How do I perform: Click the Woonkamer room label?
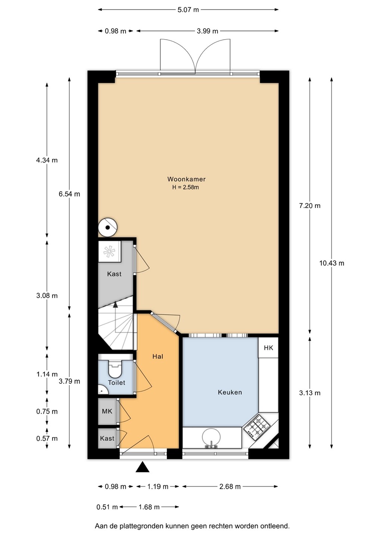pos(186,179)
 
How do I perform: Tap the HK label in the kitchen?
pos(268,348)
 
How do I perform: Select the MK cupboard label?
pos(107,411)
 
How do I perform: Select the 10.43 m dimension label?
pos(331,263)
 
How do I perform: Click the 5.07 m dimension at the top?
pos(188,10)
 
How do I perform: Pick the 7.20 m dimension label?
pos(309,206)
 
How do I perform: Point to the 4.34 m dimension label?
pos(47,160)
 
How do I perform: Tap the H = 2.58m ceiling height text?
pos(186,187)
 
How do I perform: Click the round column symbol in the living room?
pos(108,227)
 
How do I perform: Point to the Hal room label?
pos(158,357)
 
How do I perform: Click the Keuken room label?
pos(230,392)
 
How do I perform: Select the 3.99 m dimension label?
pos(207,31)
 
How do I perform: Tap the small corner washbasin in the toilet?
pos(103,390)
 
